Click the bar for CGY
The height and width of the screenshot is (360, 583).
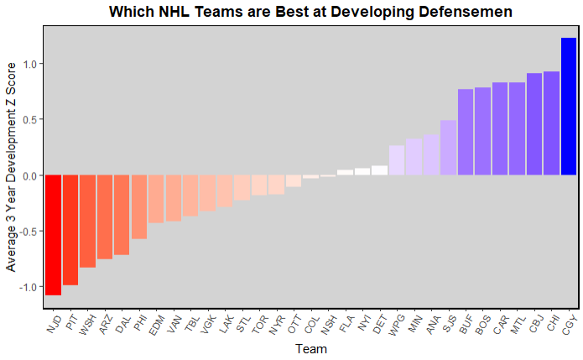click(569, 107)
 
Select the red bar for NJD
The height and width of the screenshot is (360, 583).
click(53, 235)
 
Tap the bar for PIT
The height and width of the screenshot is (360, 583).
click(70, 230)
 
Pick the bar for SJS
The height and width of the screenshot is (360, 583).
click(449, 148)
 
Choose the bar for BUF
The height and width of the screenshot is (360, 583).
click(466, 133)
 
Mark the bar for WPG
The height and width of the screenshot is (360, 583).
click(397, 160)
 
